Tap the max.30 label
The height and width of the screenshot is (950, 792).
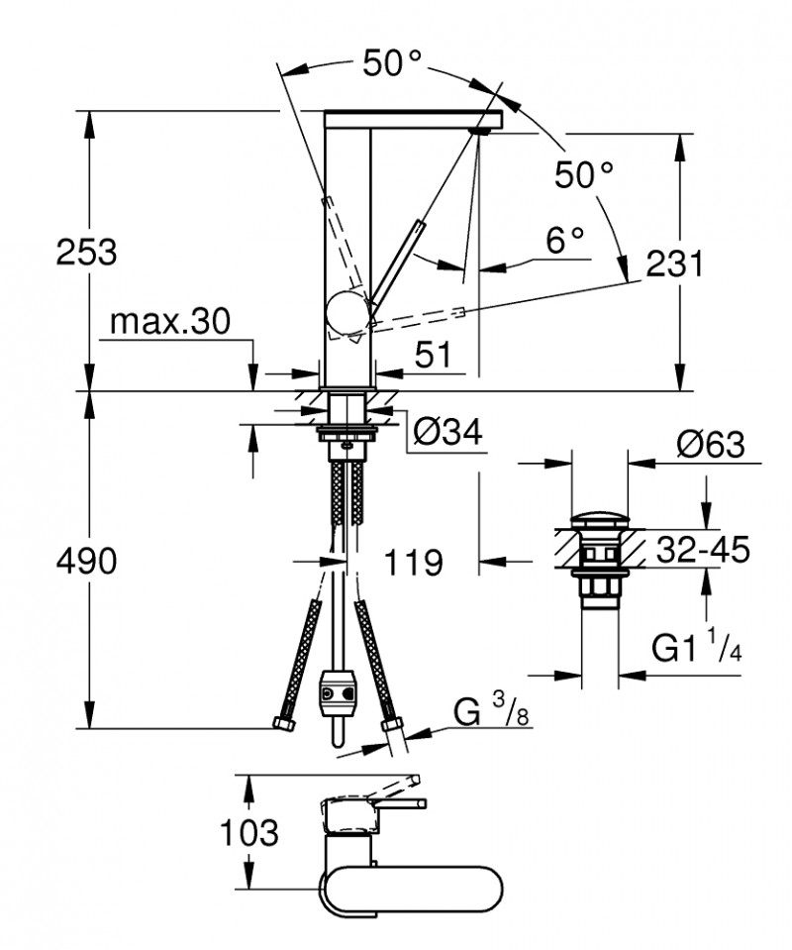[x=169, y=321]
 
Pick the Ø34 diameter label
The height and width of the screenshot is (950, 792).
[x=446, y=432]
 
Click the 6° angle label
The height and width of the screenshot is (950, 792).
[x=565, y=239]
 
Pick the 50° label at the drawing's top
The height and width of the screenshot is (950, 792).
[x=391, y=64]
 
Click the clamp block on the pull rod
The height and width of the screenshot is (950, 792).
[x=337, y=694]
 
